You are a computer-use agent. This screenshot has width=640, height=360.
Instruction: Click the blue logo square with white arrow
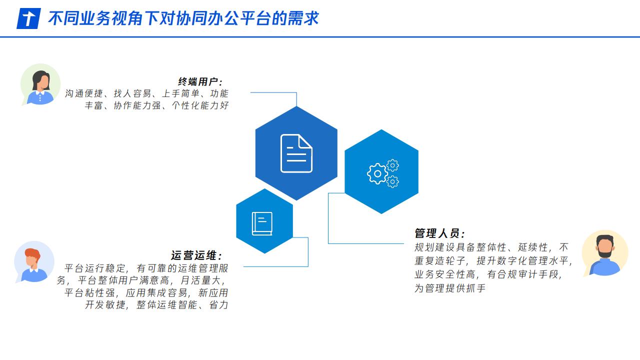[x=28, y=18]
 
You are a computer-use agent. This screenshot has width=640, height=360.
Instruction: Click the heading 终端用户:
[x=200, y=82]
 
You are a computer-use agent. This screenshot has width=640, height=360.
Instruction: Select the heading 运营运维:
[x=196, y=255]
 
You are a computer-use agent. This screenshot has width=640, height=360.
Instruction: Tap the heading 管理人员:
[x=439, y=233]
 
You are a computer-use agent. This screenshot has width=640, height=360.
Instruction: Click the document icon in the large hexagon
[x=296, y=153]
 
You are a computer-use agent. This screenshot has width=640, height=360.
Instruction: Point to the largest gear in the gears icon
[x=377, y=173]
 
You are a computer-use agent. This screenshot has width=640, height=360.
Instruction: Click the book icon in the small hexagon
[x=262, y=223]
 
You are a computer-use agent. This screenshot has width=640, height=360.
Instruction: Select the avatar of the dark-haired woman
[x=40, y=84]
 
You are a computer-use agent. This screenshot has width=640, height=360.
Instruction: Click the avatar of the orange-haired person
[x=34, y=262]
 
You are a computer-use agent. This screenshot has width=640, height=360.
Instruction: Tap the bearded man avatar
[x=605, y=253]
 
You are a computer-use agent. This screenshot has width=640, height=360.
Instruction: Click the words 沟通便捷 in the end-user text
[x=84, y=93]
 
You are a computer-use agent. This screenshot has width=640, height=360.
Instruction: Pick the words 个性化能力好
[x=200, y=105]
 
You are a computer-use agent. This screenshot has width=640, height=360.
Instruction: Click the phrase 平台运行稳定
[x=94, y=268]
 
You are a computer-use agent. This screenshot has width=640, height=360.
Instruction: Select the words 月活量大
[x=200, y=280]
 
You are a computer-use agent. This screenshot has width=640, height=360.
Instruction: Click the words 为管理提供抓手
[x=450, y=288]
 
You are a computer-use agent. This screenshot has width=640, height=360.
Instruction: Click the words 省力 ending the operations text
[x=219, y=305]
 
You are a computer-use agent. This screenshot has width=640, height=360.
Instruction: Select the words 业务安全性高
[x=444, y=274]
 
